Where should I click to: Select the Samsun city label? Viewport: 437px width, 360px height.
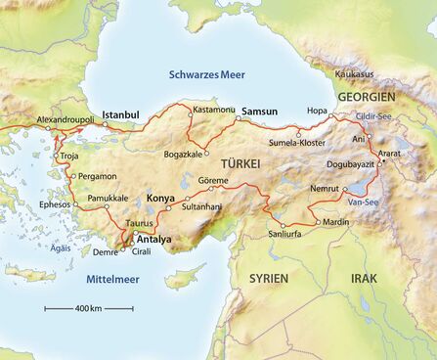pos(260,112)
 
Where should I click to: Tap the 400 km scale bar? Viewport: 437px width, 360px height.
pos(89,308)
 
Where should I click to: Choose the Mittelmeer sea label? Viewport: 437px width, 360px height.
pos(108,279)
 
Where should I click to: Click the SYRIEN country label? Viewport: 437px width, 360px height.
pos(269,278)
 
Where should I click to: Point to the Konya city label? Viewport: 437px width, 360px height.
pos(160,199)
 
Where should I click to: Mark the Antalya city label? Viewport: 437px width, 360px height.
pos(153,239)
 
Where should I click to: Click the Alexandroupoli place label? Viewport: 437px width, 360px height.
pos(66,118)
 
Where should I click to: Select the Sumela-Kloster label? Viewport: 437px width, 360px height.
pos(299,143)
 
